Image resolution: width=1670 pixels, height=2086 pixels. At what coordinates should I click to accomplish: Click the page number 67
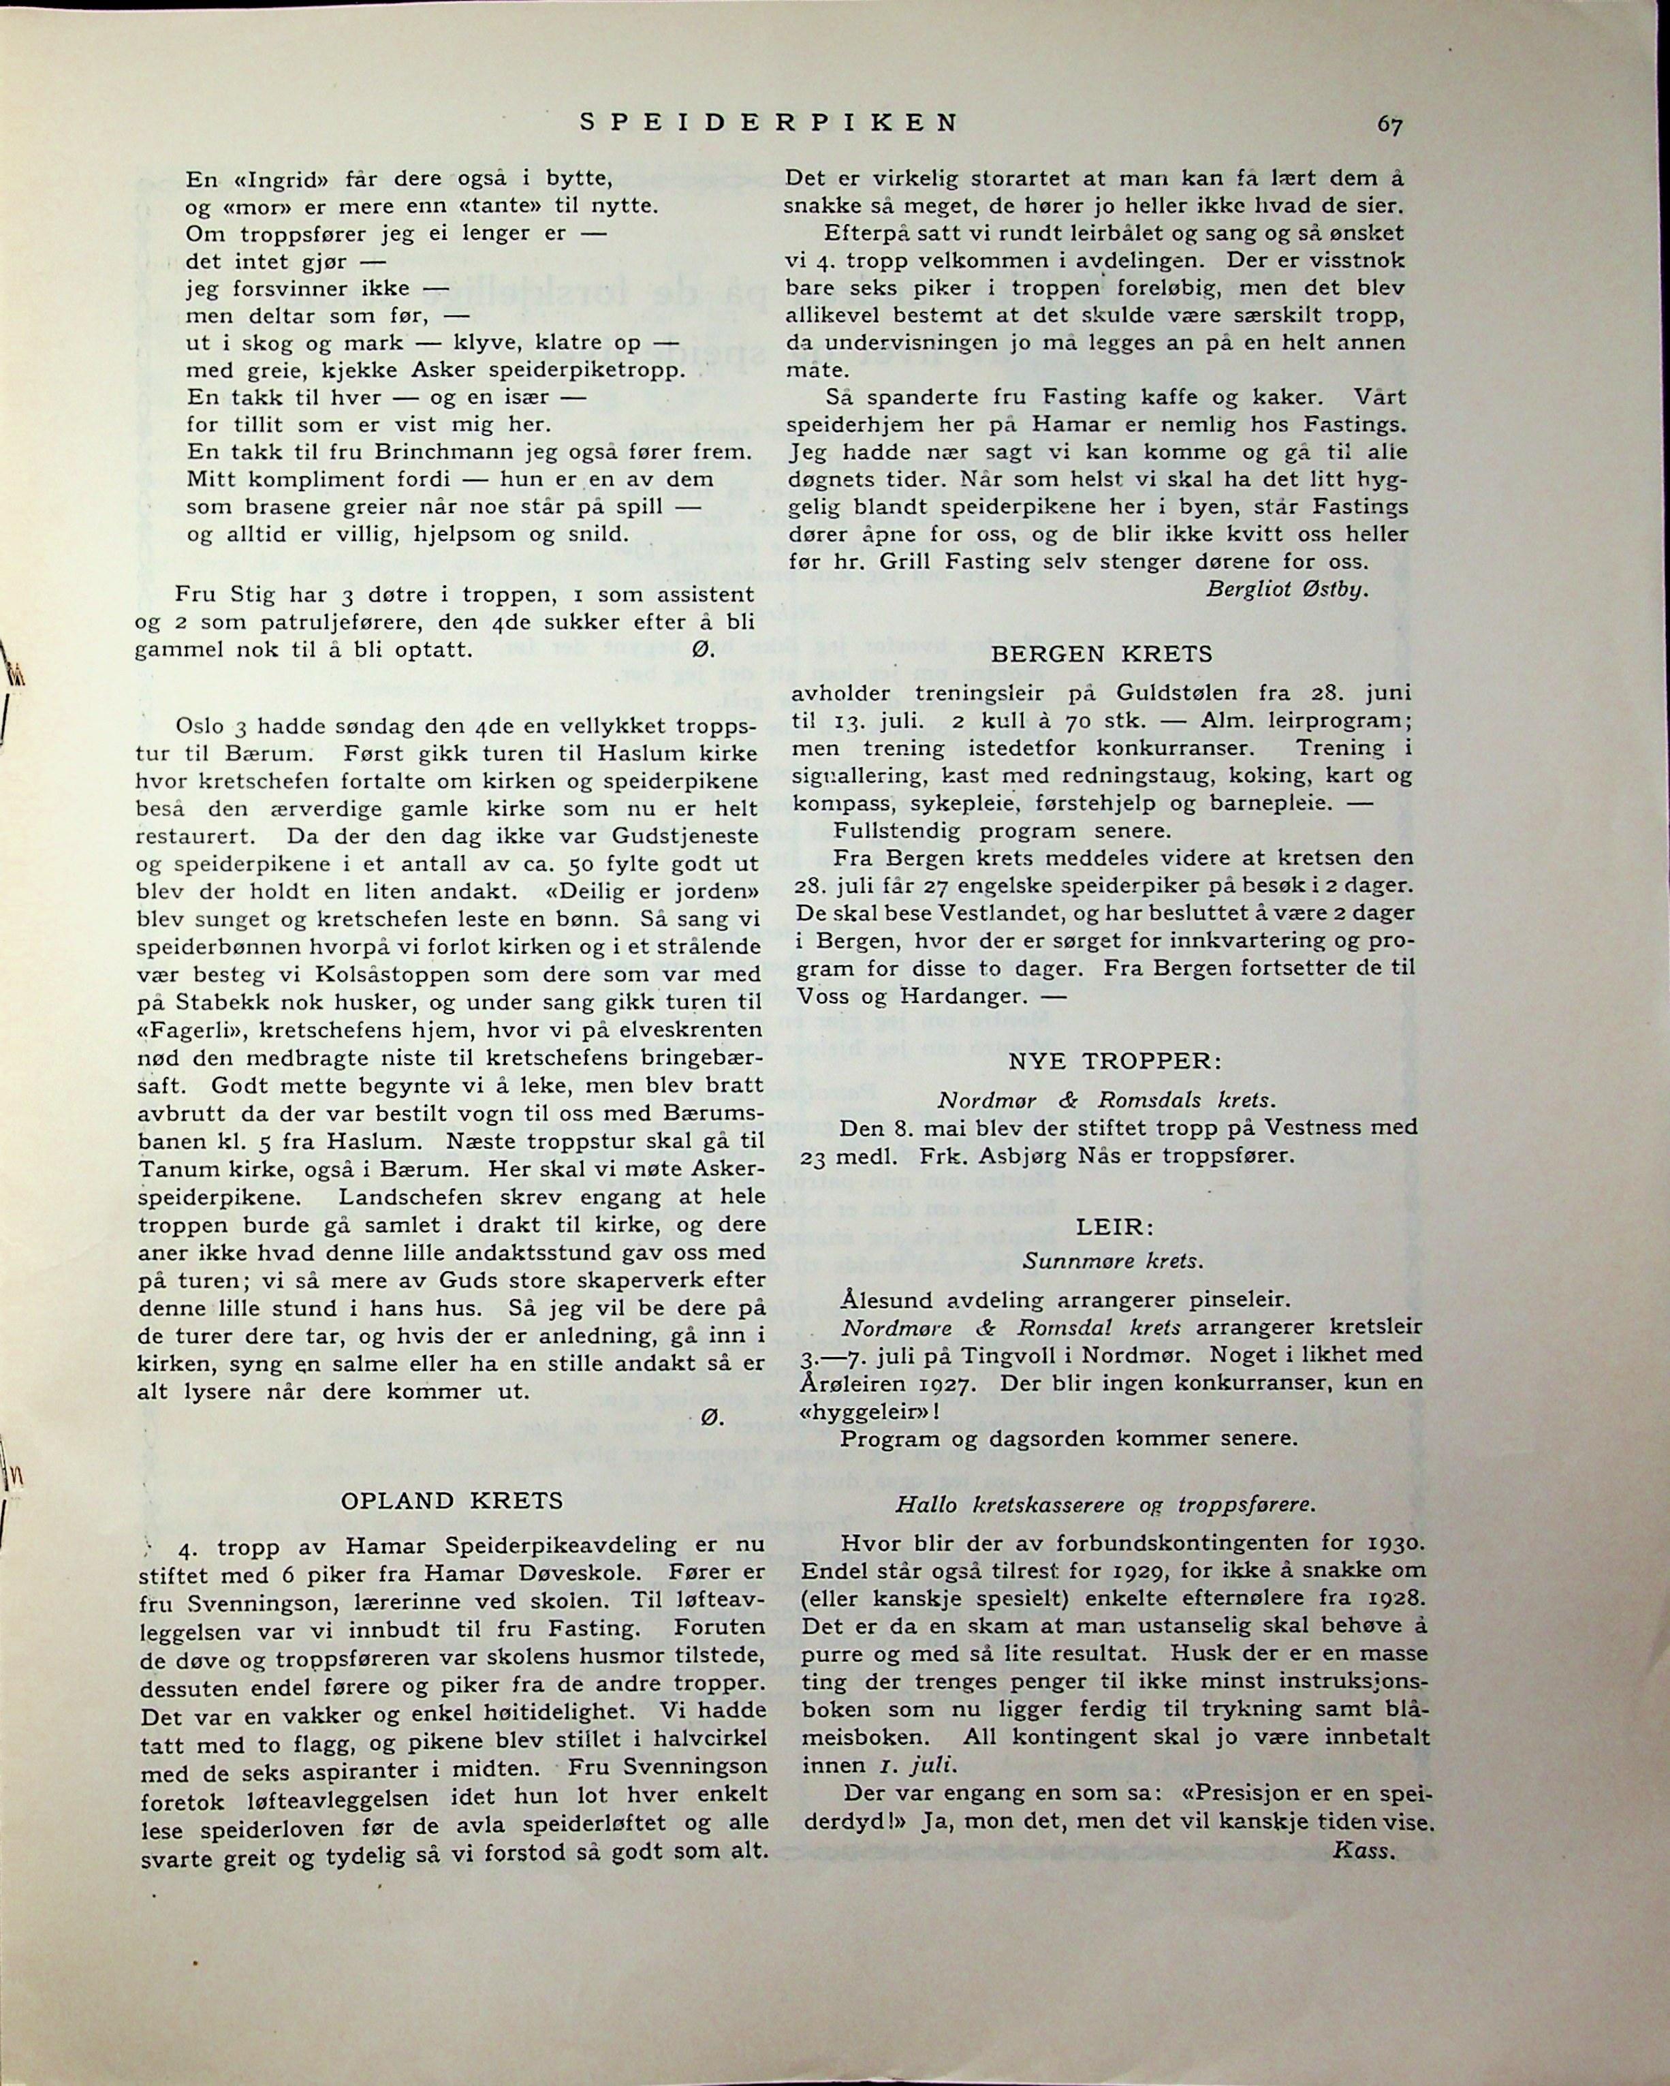coord(1390,125)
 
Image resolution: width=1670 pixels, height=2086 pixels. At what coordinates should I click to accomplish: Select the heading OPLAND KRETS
coord(452,1501)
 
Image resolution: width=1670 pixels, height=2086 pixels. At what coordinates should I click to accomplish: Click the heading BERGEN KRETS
coord(1102,654)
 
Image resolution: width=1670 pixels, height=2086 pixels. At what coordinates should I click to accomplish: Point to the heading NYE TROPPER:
coord(1116,1061)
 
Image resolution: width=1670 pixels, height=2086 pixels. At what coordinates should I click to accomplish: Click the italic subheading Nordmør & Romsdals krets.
coord(1107,1100)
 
